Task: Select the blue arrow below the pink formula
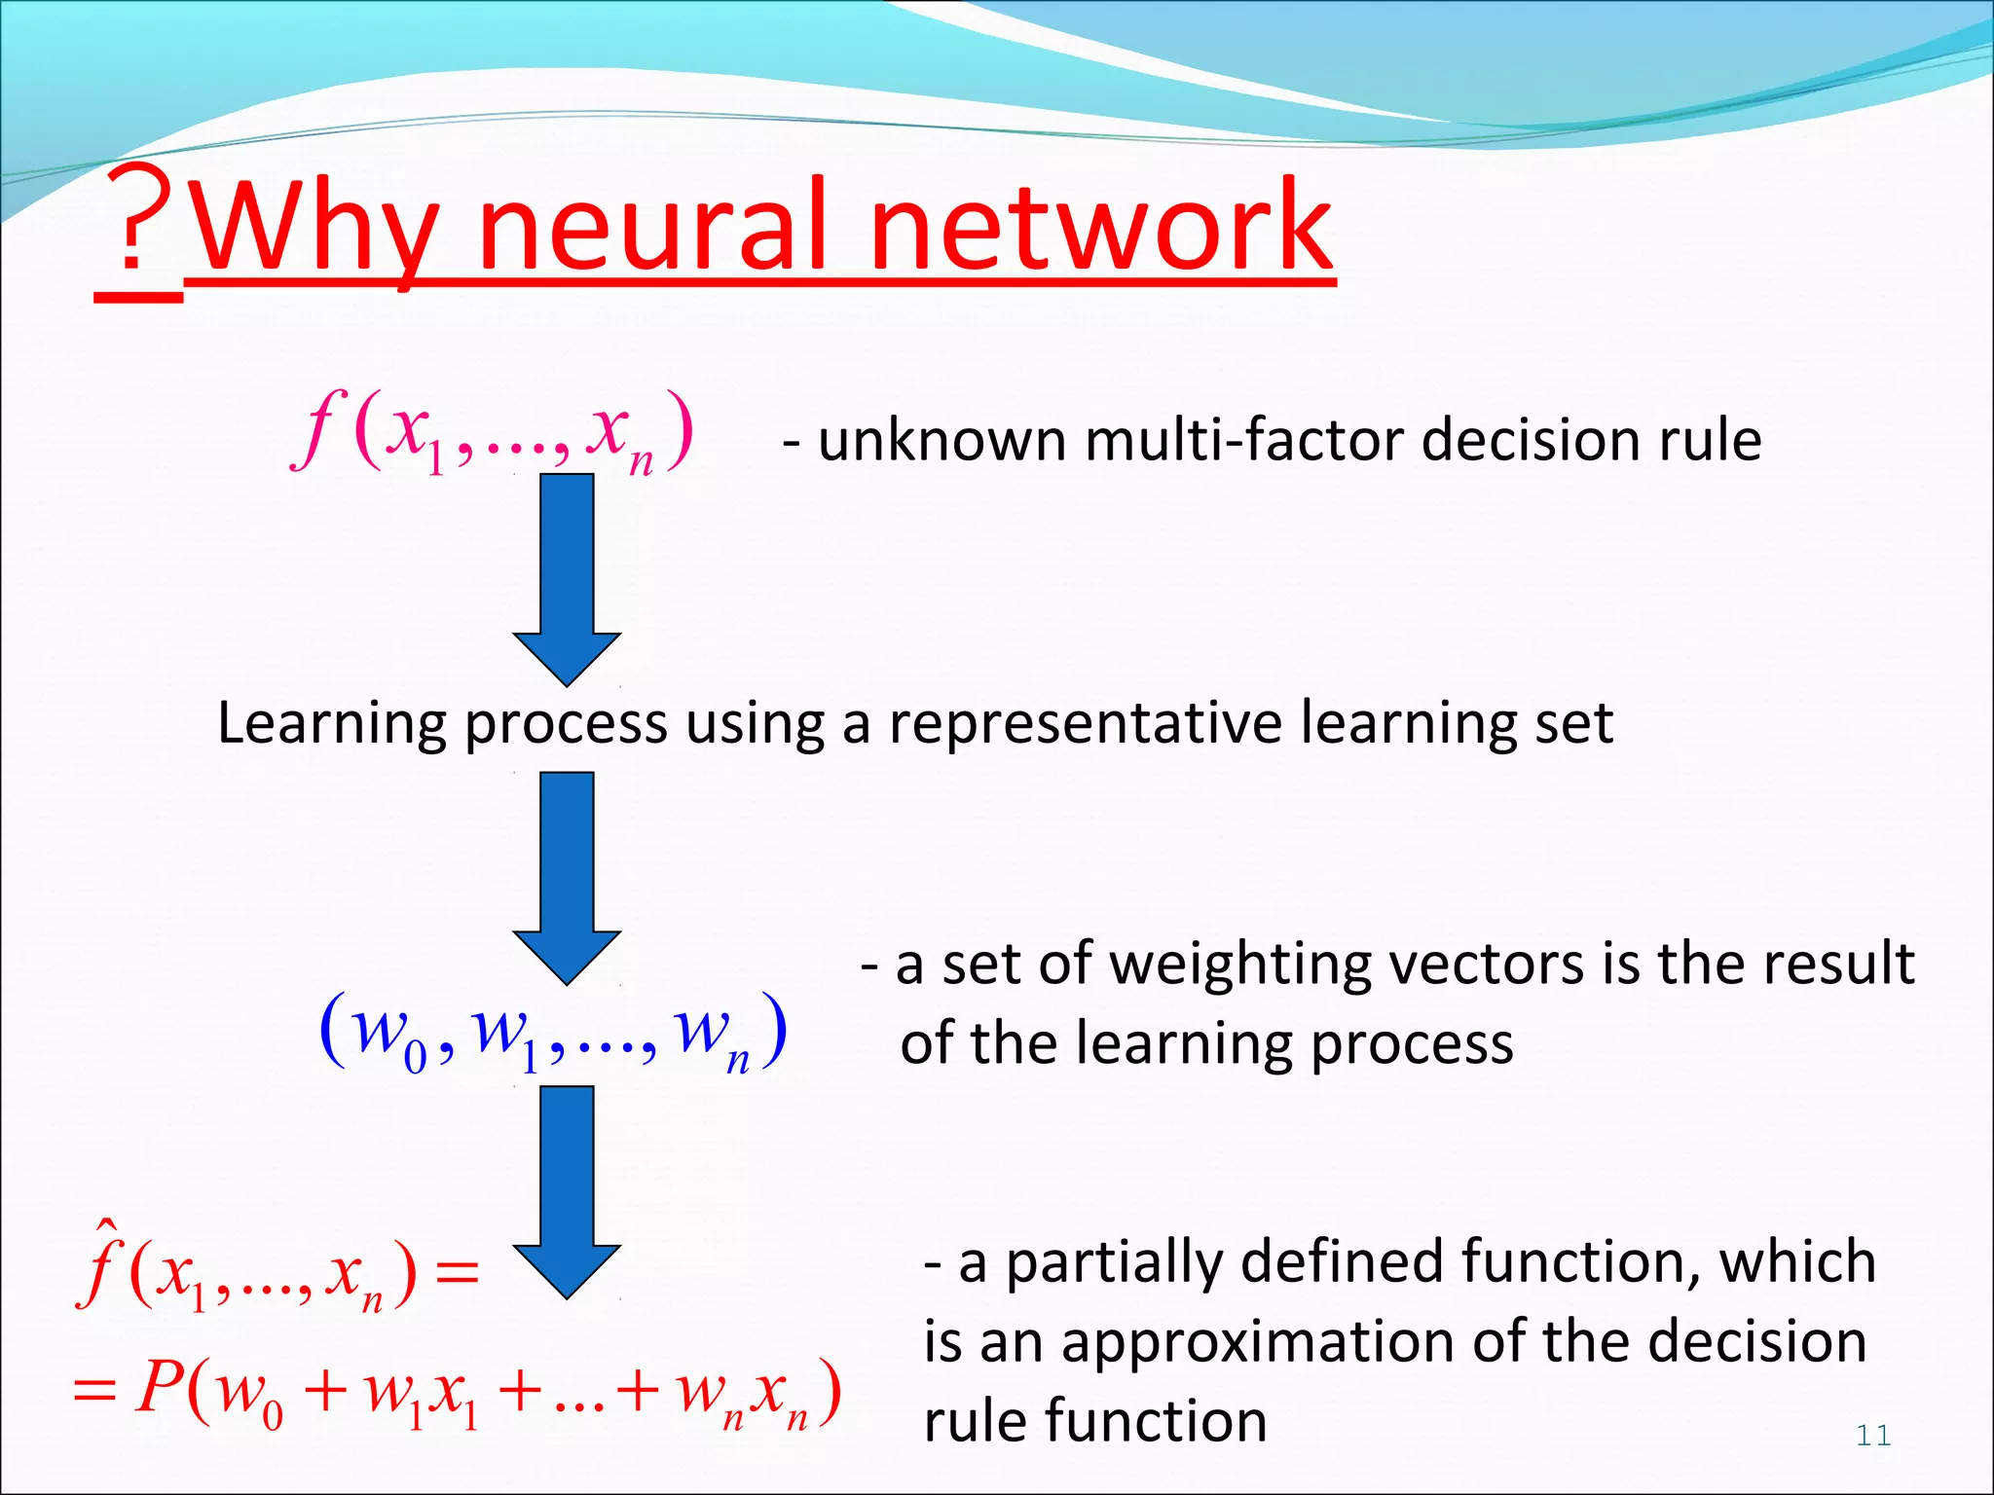567,579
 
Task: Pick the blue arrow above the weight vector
567,876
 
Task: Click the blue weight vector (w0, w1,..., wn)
552,1034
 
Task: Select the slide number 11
1873,1436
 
